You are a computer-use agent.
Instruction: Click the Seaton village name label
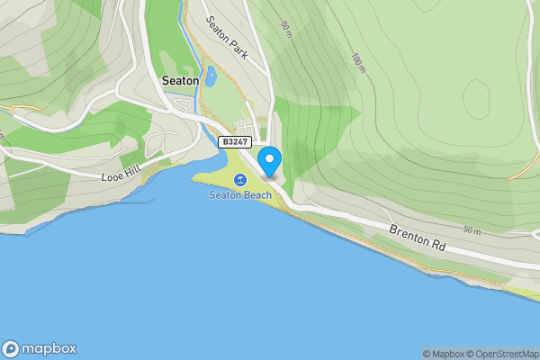pos(179,79)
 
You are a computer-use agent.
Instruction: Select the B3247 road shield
pos(235,141)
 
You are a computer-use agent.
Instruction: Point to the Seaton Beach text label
pos(240,194)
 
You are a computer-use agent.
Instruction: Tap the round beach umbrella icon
pos(240,180)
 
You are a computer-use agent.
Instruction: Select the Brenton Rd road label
pos(417,237)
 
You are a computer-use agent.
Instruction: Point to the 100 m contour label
pos(358,62)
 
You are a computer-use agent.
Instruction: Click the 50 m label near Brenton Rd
pos(472,231)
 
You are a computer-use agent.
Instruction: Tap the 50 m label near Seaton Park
pos(285,30)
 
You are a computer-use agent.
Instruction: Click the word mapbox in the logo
pos(49,349)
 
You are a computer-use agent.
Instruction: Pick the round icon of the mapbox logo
pos(12,349)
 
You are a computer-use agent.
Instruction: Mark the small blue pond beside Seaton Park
pos(210,76)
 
